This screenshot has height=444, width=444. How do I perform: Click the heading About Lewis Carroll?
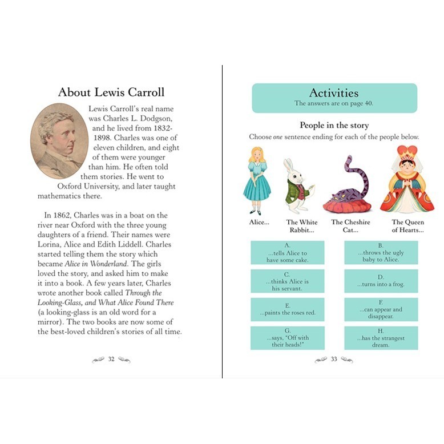click(111, 92)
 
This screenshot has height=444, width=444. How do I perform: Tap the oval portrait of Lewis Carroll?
click(59, 141)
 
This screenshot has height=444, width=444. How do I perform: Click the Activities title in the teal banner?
click(334, 93)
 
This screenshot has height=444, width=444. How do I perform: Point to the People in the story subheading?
click(334, 126)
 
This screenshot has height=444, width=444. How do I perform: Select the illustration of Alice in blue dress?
click(257, 180)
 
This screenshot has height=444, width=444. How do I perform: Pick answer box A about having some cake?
click(287, 253)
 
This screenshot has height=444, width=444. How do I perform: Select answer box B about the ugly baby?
click(381, 253)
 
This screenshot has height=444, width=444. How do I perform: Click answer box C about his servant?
click(287, 281)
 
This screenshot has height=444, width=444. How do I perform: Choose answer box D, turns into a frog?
click(381, 281)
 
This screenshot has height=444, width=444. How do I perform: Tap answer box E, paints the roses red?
click(287, 309)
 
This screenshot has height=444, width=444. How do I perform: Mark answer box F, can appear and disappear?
click(381, 309)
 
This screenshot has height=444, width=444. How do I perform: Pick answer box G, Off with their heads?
click(287, 338)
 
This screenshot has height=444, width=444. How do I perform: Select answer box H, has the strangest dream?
click(381, 338)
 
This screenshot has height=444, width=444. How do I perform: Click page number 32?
click(111, 359)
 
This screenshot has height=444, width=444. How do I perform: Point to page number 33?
click(334, 359)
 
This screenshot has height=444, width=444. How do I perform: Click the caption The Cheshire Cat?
click(350, 226)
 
